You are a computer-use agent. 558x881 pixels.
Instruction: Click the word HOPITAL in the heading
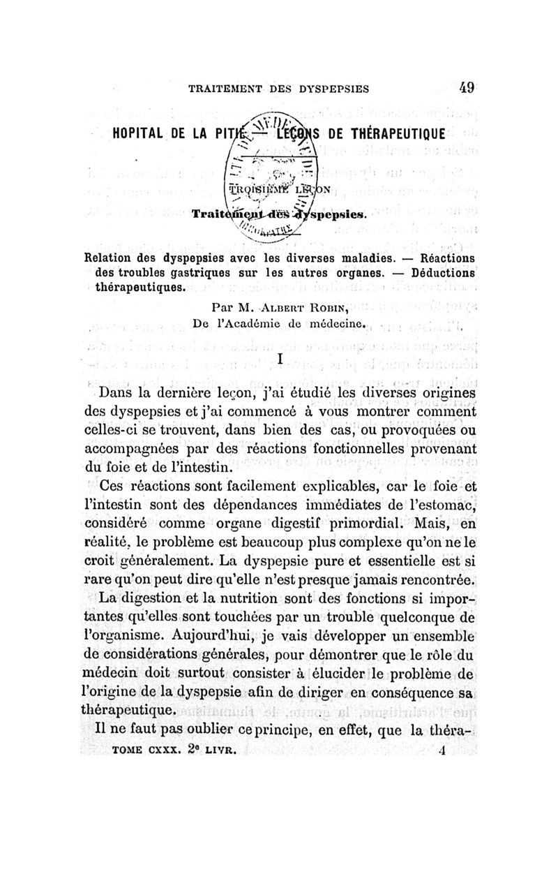(x=137, y=133)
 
